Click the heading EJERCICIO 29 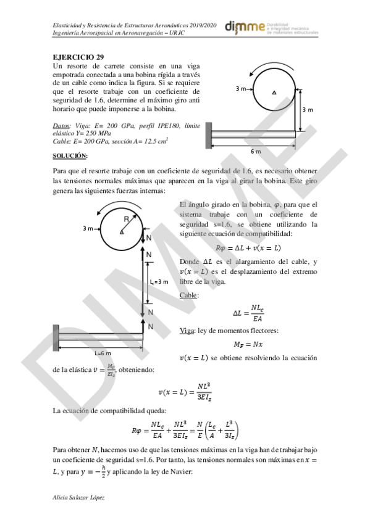coord(78,57)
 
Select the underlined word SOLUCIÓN coord(70,155)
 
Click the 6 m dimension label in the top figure coord(256,150)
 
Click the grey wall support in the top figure coord(210,130)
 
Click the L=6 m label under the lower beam coord(103,353)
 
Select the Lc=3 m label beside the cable coord(159,282)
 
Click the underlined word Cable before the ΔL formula coord(188,295)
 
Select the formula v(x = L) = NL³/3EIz coord(187,391)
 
